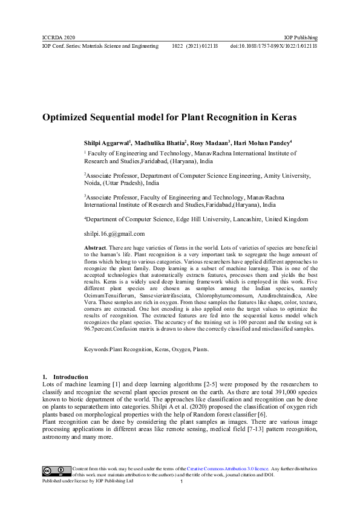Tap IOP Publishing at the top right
[301, 37]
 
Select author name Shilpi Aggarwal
[106, 143]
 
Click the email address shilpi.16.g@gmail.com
[114, 233]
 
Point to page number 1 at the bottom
[182, 482]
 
